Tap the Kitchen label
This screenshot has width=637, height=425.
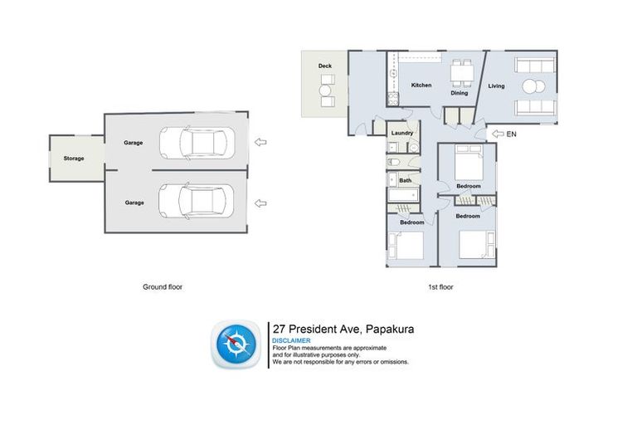click(421, 85)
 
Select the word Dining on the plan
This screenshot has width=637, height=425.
click(460, 93)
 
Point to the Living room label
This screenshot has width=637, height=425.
click(496, 85)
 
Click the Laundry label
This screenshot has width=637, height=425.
click(402, 133)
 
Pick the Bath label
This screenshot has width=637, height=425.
click(405, 180)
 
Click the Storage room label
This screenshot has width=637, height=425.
click(74, 158)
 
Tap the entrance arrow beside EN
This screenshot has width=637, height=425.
click(498, 133)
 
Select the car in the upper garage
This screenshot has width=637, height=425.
click(194, 142)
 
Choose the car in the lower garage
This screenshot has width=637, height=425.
click(194, 200)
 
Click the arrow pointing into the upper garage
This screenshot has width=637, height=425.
click(261, 143)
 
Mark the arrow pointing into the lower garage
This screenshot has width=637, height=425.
click(261, 202)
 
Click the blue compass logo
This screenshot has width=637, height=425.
click(238, 344)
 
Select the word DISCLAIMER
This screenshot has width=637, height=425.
click(291, 340)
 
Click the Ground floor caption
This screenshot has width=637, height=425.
click(163, 286)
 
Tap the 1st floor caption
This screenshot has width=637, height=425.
click(441, 286)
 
